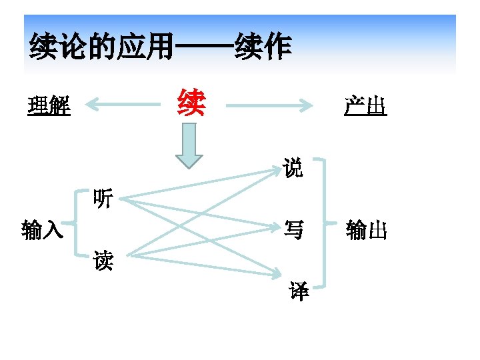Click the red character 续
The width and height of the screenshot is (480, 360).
tap(191, 103)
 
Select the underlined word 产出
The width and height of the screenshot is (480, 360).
tap(365, 105)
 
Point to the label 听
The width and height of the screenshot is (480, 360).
tap(103, 198)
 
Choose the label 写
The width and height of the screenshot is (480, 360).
tap(293, 231)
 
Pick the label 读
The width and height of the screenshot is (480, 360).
tap(103, 261)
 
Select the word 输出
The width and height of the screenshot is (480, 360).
tap(366, 231)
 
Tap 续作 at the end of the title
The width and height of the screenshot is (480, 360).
tap(263, 49)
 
